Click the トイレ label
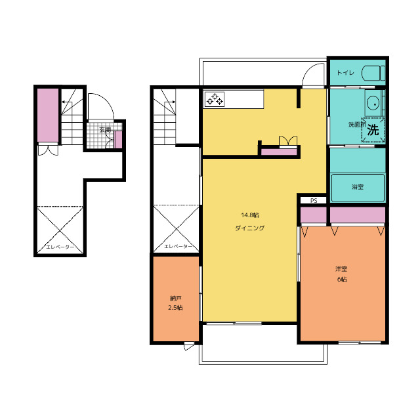345,73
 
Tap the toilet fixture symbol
373,73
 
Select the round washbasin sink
373,103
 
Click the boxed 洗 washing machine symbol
373,130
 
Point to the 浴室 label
358,187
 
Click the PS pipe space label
314,200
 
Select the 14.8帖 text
250,215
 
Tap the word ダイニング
250,228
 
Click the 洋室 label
341,268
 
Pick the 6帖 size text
342,280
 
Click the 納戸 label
176,298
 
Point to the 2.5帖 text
175,308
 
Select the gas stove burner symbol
215,99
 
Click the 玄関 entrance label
105,130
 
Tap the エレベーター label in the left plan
60,247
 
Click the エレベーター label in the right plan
178,247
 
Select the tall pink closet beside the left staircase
48,115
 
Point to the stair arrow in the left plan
67,102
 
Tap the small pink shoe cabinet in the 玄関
118,140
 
